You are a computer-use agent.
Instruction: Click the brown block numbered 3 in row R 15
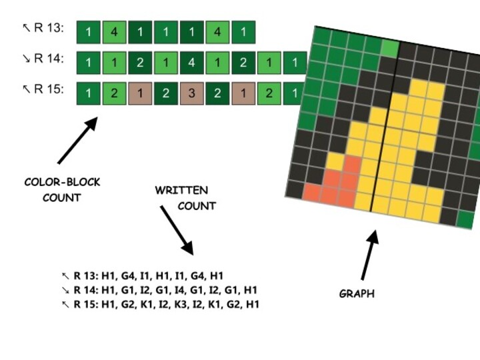pyautogui.click(x=191, y=93)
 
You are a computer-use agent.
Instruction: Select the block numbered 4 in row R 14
pyautogui.click(x=191, y=62)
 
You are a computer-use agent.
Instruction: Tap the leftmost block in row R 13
pyautogui.click(x=88, y=31)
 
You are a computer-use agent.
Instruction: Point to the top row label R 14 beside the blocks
pyautogui.click(x=44, y=59)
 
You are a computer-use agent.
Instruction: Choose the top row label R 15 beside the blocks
pyautogui.click(x=44, y=89)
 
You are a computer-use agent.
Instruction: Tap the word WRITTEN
pyautogui.click(x=181, y=191)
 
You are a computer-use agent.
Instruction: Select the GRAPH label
pyautogui.click(x=357, y=293)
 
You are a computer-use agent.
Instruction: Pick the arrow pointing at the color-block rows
pyautogui.click(x=77, y=141)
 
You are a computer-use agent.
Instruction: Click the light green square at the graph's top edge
pyautogui.click(x=391, y=47)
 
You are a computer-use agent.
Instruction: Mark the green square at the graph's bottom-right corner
pyautogui.click(x=466, y=219)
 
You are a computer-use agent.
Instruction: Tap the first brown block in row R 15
pyautogui.click(x=140, y=93)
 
